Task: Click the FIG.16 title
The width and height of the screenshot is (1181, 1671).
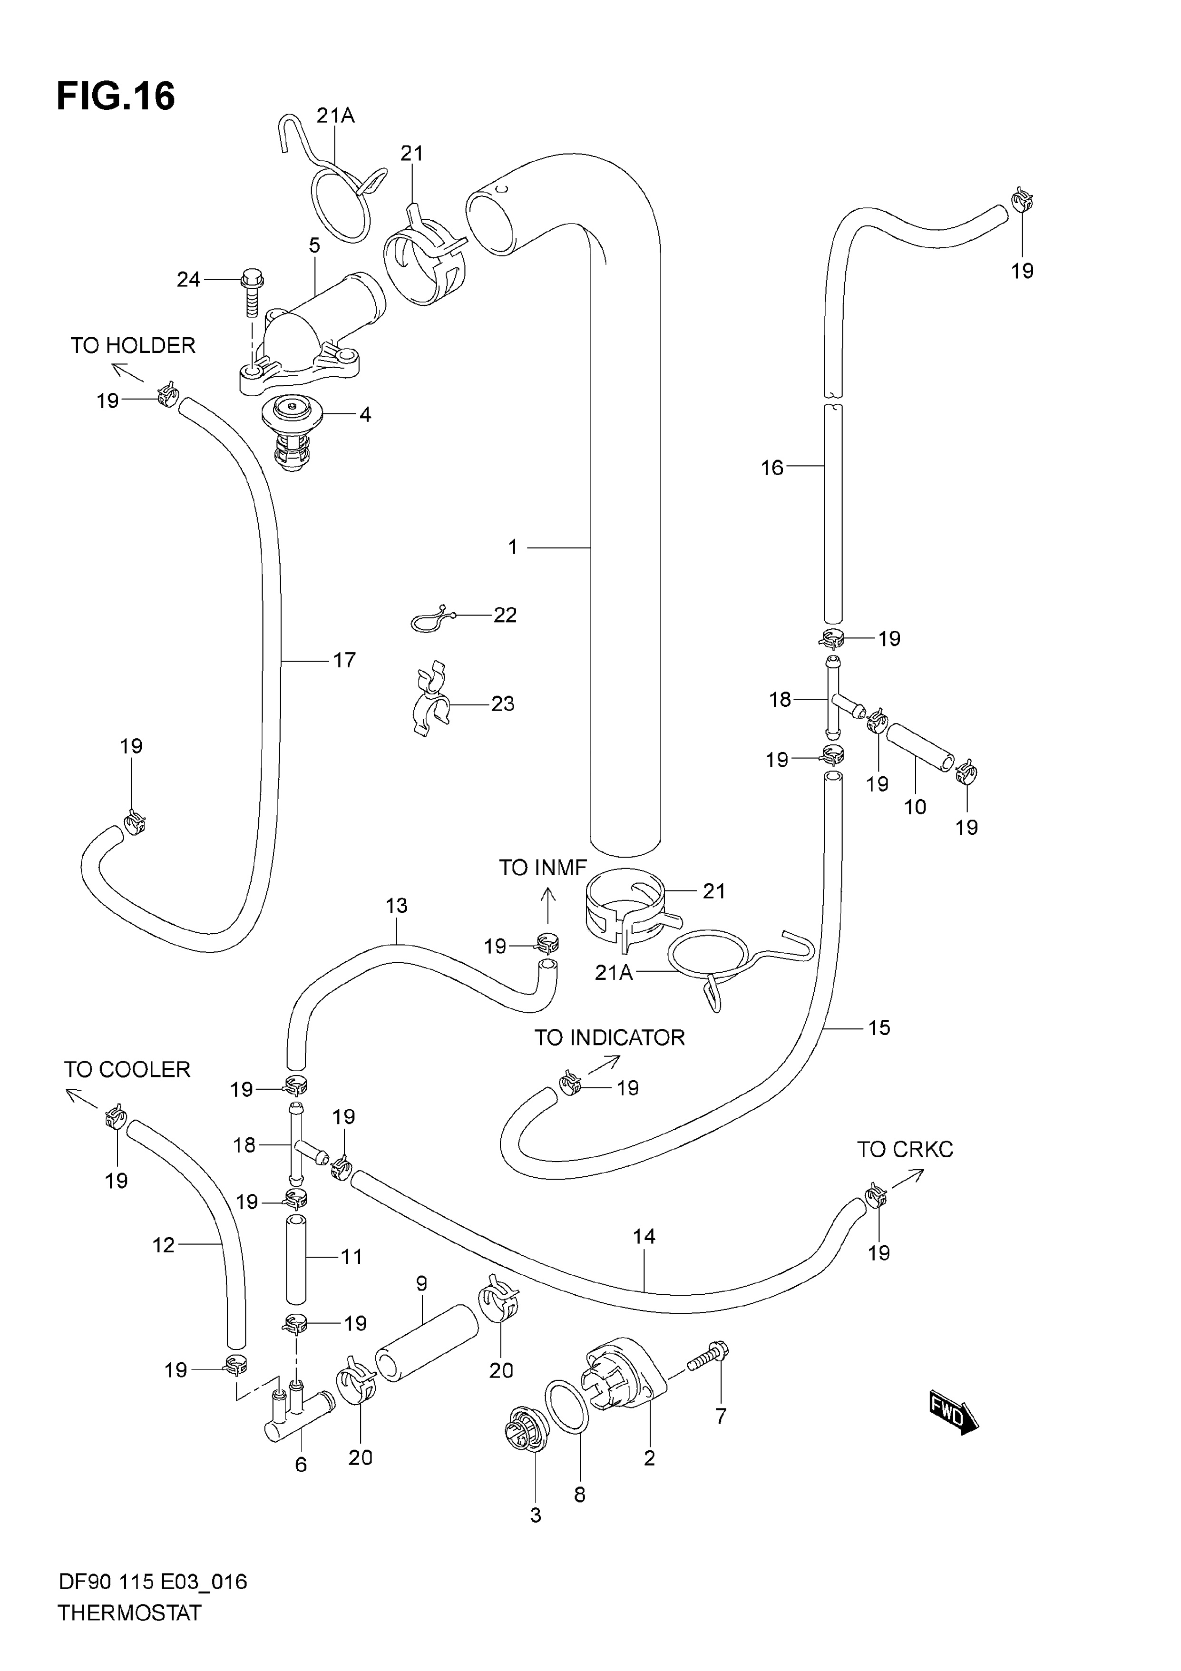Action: (116, 96)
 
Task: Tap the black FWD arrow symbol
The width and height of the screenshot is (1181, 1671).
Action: (954, 1413)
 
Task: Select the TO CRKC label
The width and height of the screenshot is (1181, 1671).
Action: (905, 1149)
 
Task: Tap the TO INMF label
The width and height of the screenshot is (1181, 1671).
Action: (543, 868)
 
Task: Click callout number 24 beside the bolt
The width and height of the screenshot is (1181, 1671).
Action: (188, 280)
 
